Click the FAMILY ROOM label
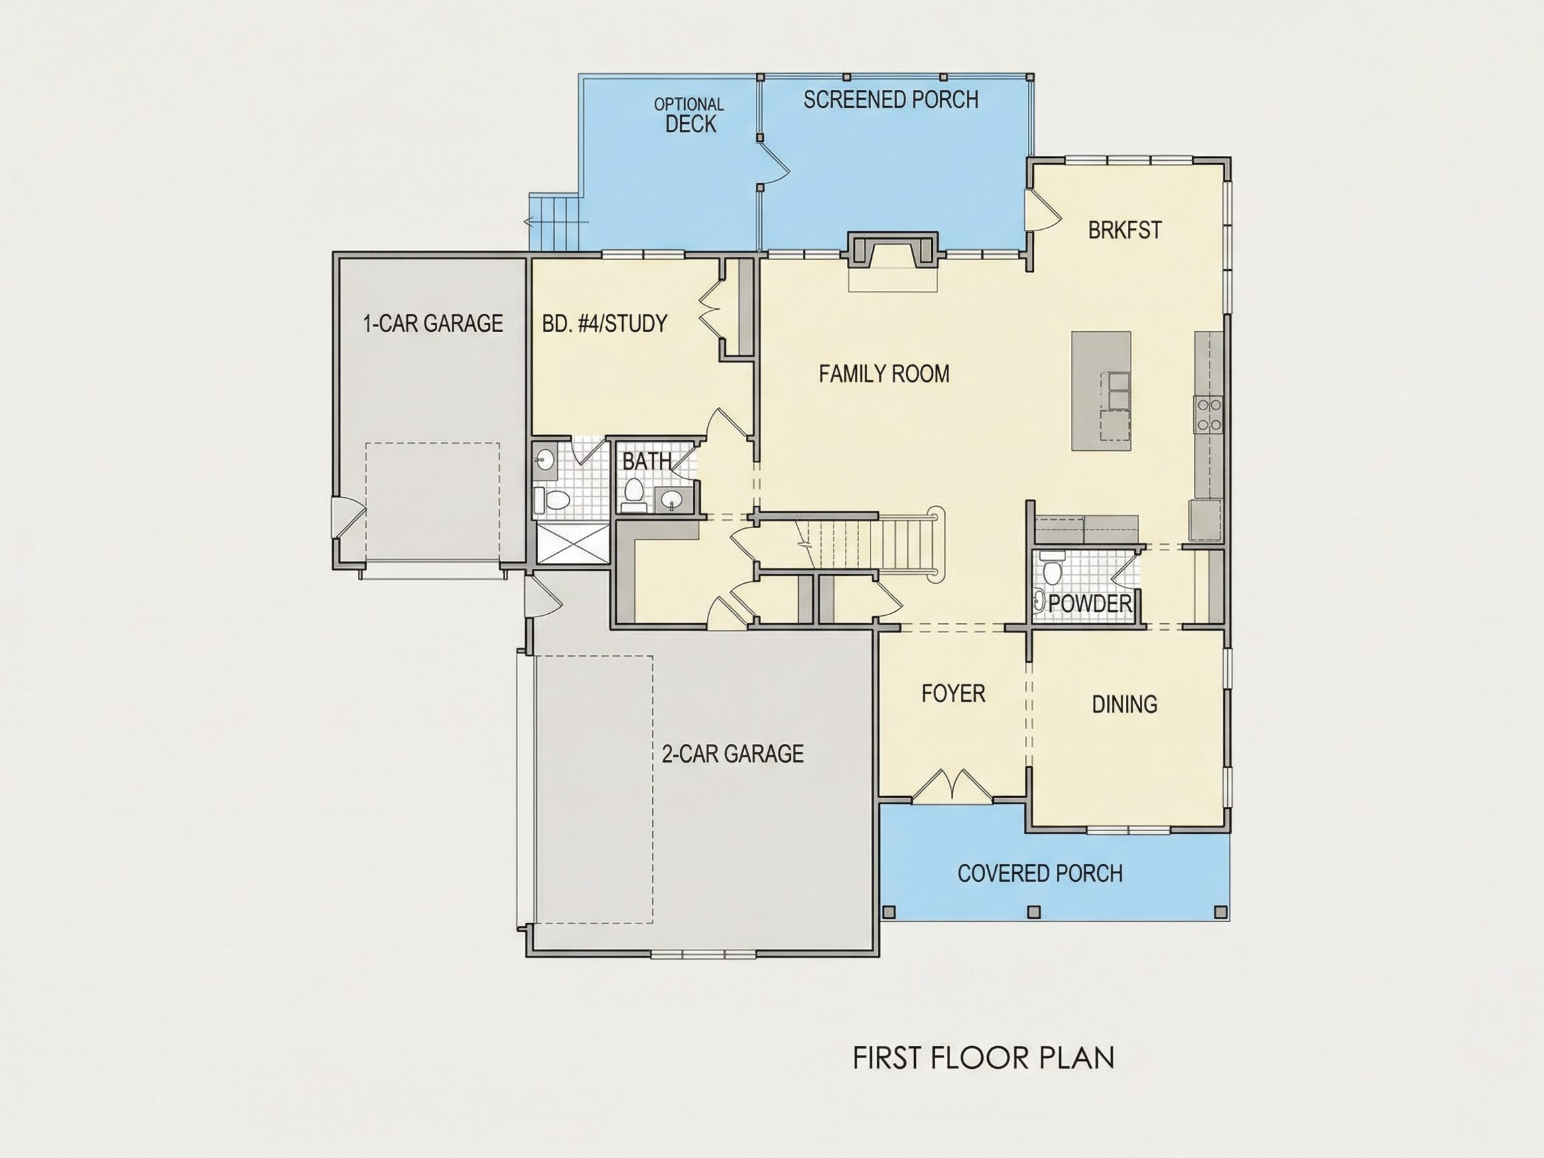tap(884, 374)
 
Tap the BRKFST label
tap(1124, 231)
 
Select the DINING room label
tap(1124, 704)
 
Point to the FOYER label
tap(954, 694)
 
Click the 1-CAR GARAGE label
tap(433, 323)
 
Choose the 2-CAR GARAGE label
tap(732, 754)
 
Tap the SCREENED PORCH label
tap(891, 100)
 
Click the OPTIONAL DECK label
tap(689, 115)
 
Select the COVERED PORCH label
tap(1040, 873)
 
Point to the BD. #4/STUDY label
tap(604, 323)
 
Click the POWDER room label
tap(1090, 604)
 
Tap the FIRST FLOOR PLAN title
tap(984, 1058)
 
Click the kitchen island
tap(1102, 391)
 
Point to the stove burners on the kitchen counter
tap(1208, 415)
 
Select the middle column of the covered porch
tap(1035, 912)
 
